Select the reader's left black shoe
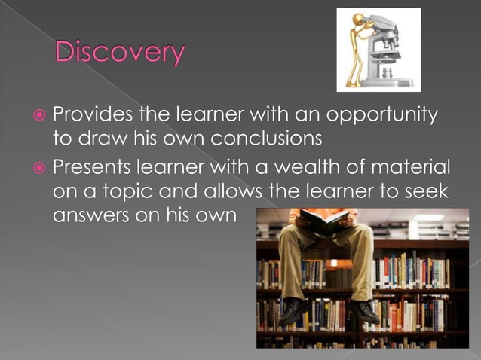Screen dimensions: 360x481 coord(293,310)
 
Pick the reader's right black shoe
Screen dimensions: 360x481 coord(364,310)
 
